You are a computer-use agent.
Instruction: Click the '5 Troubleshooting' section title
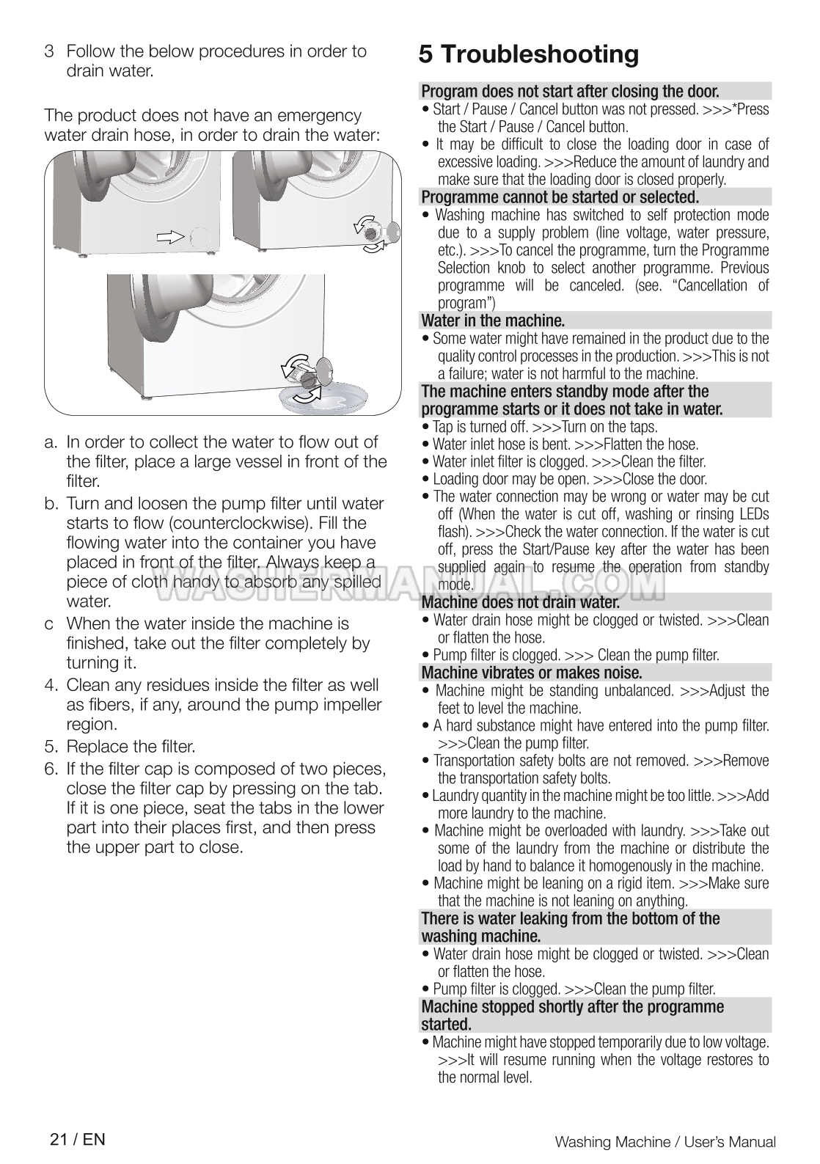(529, 54)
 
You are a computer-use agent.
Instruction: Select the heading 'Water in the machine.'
(493, 321)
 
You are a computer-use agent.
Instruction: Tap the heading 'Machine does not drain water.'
(520, 602)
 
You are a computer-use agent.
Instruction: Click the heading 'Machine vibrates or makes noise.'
(531, 673)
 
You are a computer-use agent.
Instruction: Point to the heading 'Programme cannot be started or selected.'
(560, 197)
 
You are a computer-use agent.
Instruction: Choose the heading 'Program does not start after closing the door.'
(570, 92)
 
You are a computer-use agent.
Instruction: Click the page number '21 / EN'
(77, 1139)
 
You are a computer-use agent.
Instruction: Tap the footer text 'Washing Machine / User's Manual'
(665, 1141)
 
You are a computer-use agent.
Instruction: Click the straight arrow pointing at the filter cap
(170, 235)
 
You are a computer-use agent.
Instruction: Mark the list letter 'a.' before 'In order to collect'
(51, 442)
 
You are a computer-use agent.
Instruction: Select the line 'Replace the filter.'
(131, 747)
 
